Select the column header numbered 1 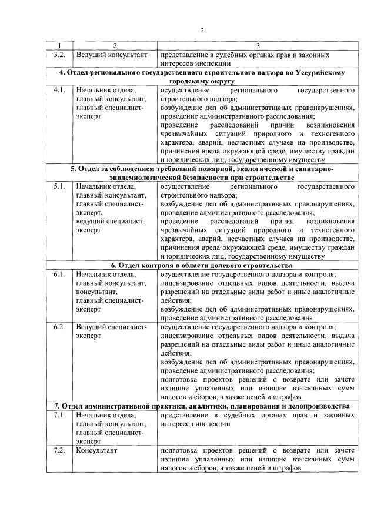[x=59, y=46]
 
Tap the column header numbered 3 [x=257, y=46]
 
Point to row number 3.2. [x=59, y=55]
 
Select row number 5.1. [x=59, y=187]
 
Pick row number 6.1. [x=59, y=275]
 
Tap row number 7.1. [x=59, y=415]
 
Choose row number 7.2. [x=59, y=450]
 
